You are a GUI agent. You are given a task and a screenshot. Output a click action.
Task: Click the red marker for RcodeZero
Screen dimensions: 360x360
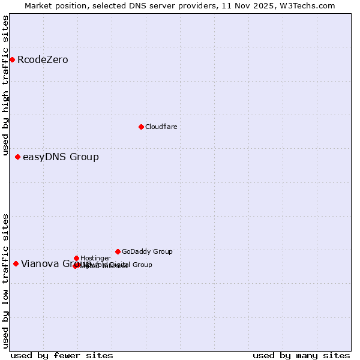pos(12,59)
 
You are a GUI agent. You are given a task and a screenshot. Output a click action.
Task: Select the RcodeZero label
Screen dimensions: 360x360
pos(43,60)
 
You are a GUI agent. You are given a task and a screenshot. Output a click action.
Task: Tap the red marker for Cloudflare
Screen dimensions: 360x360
pos(141,127)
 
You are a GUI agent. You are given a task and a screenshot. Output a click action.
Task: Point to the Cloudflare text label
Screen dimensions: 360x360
pos(161,127)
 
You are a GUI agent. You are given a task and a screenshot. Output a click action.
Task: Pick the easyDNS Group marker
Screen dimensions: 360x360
pos(17,157)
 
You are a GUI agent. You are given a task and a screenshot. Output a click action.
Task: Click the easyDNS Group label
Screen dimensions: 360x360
pos(61,157)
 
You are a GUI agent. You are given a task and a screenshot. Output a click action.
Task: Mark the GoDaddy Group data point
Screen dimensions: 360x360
pos(118,251)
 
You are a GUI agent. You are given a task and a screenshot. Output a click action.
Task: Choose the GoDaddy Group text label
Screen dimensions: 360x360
pos(147,252)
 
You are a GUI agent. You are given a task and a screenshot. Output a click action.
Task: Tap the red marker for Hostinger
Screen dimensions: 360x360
pos(76,258)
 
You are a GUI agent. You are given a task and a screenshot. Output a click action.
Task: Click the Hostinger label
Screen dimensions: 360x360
pos(95,259)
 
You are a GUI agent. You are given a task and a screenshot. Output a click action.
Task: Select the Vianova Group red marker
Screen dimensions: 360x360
pos(16,263)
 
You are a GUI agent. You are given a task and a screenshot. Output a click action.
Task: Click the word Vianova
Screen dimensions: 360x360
pos(39,263)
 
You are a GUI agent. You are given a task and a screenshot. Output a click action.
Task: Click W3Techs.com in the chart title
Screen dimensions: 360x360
pos(310,5)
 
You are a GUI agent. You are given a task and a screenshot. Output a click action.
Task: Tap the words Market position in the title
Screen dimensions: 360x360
pos(52,5)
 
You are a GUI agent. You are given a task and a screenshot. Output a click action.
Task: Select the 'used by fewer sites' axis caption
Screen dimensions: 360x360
pos(62,355)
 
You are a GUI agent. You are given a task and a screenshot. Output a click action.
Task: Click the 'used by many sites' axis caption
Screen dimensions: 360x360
pos(301,355)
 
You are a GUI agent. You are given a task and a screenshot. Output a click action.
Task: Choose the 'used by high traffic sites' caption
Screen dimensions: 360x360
pos(5,86)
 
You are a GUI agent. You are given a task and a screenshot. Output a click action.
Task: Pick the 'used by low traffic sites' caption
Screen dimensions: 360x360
pos(5,281)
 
